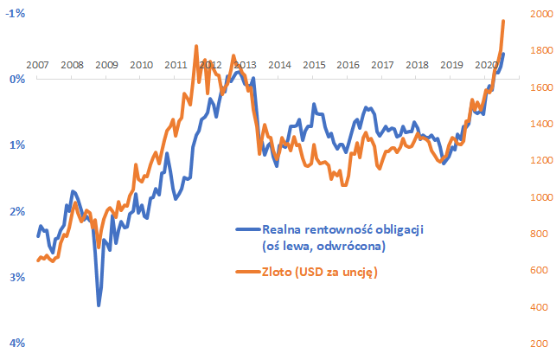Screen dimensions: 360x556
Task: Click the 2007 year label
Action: [x=37, y=65]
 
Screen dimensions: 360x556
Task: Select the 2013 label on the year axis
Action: [x=244, y=65]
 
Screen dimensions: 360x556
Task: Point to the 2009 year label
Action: [x=106, y=65]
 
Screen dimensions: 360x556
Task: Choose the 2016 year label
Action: [x=348, y=65]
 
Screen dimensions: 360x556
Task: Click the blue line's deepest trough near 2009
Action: [x=99, y=305]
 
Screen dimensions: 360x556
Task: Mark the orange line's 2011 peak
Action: [x=196, y=46]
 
